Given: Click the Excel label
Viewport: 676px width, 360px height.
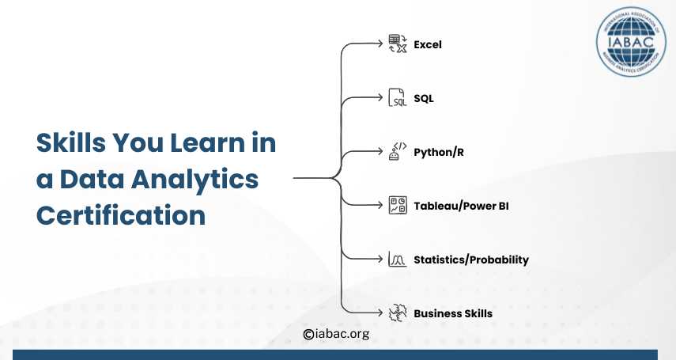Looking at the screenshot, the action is [427, 44].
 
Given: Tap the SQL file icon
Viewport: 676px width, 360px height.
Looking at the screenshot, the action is [397, 97].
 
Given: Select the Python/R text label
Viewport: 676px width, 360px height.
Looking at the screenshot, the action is [439, 153].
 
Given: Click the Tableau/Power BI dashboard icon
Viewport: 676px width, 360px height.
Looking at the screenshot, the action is [398, 205].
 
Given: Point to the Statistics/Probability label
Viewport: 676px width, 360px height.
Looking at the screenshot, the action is [470, 260].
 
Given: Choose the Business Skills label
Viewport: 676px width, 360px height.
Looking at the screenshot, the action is [453, 313].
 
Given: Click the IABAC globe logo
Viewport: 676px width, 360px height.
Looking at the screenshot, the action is [631, 42].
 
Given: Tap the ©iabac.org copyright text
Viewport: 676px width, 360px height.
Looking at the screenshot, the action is [336, 334].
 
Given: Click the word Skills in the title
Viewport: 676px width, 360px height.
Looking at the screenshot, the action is [70, 142].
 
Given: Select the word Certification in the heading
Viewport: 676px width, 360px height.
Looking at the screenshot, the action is [121, 215].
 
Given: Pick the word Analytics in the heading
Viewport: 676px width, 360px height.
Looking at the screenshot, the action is [194, 180].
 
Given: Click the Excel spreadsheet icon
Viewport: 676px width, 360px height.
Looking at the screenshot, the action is [398, 44].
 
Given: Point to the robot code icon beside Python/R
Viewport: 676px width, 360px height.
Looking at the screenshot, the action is [398, 151].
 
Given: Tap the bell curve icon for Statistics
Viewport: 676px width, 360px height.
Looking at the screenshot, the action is [397, 259].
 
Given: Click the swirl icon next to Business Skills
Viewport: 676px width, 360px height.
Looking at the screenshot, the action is [398, 313].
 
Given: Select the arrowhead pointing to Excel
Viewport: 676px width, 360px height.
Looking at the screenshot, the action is [380, 44].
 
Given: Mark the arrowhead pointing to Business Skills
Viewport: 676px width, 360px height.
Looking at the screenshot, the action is [380, 313].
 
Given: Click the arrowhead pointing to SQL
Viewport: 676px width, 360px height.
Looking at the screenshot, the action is [380, 97].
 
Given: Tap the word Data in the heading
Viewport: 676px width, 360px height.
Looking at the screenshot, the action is [92, 179].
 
